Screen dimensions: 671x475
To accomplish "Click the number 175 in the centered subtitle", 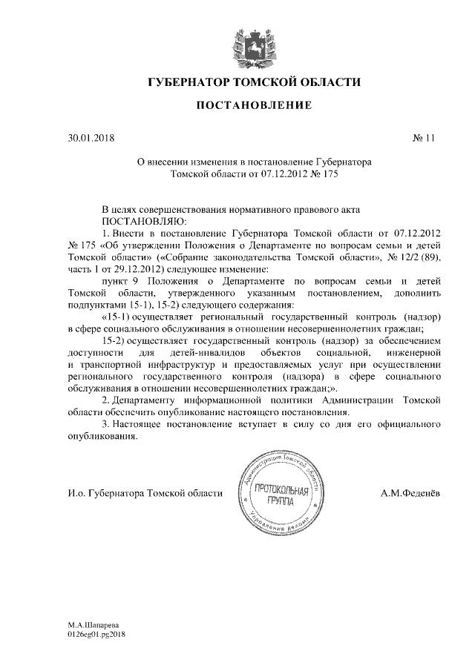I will click(x=335, y=172).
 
